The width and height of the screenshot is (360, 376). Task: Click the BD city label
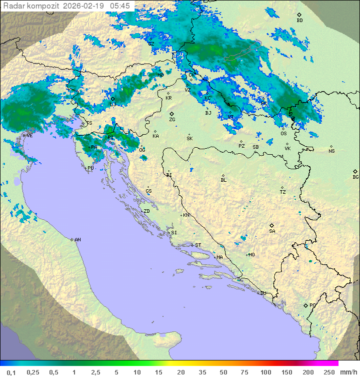pos(299,21)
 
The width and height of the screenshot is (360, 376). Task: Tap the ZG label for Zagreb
pos(172,120)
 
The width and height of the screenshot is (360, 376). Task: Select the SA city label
pos(272,231)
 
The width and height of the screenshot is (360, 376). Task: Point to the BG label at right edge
pos(355,177)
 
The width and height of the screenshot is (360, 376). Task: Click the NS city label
pos(331,151)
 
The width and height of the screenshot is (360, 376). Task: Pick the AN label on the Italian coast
pos(77,240)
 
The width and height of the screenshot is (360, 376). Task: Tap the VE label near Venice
pos(29,135)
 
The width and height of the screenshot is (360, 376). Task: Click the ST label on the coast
pos(198,245)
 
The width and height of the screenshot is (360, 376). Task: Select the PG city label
pos(312,305)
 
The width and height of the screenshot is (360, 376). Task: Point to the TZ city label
pos(282,192)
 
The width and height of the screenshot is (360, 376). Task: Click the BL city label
pos(223,180)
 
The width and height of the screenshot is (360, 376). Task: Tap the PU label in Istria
pos(90,168)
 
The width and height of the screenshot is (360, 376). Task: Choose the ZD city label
pos(146,211)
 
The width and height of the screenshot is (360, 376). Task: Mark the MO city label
pos(251,254)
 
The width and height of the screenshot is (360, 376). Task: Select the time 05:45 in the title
pos(120,6)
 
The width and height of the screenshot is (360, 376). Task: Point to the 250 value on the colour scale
pos(329,372)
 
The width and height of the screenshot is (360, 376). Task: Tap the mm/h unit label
pos(348,372)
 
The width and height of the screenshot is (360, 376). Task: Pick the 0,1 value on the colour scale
pos(11,372)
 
